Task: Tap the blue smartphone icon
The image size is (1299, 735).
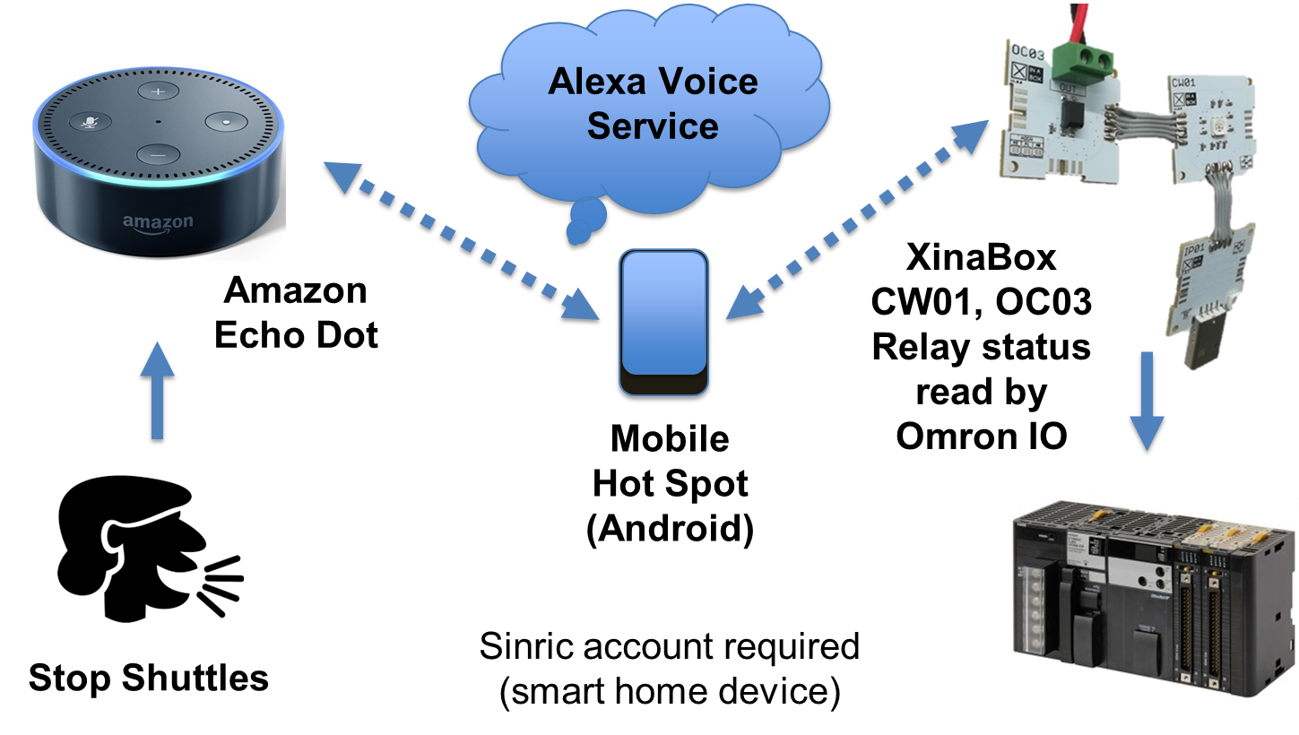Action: (x=663, y=321)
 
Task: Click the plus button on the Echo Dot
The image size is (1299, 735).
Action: (x=159, y=92)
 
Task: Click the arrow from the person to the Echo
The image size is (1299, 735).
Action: (x=158, y=390)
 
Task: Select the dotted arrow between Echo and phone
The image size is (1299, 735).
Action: (x=461, y=240)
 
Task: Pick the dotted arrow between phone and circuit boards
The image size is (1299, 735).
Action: (x=857, y=220)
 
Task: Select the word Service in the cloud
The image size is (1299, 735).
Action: (x=653, y=126)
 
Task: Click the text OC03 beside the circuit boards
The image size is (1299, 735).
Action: (x=1044, y=303)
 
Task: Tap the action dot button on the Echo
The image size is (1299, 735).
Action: (x=227, y=121)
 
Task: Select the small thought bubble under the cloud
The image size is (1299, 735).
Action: (x=586, y=222)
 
